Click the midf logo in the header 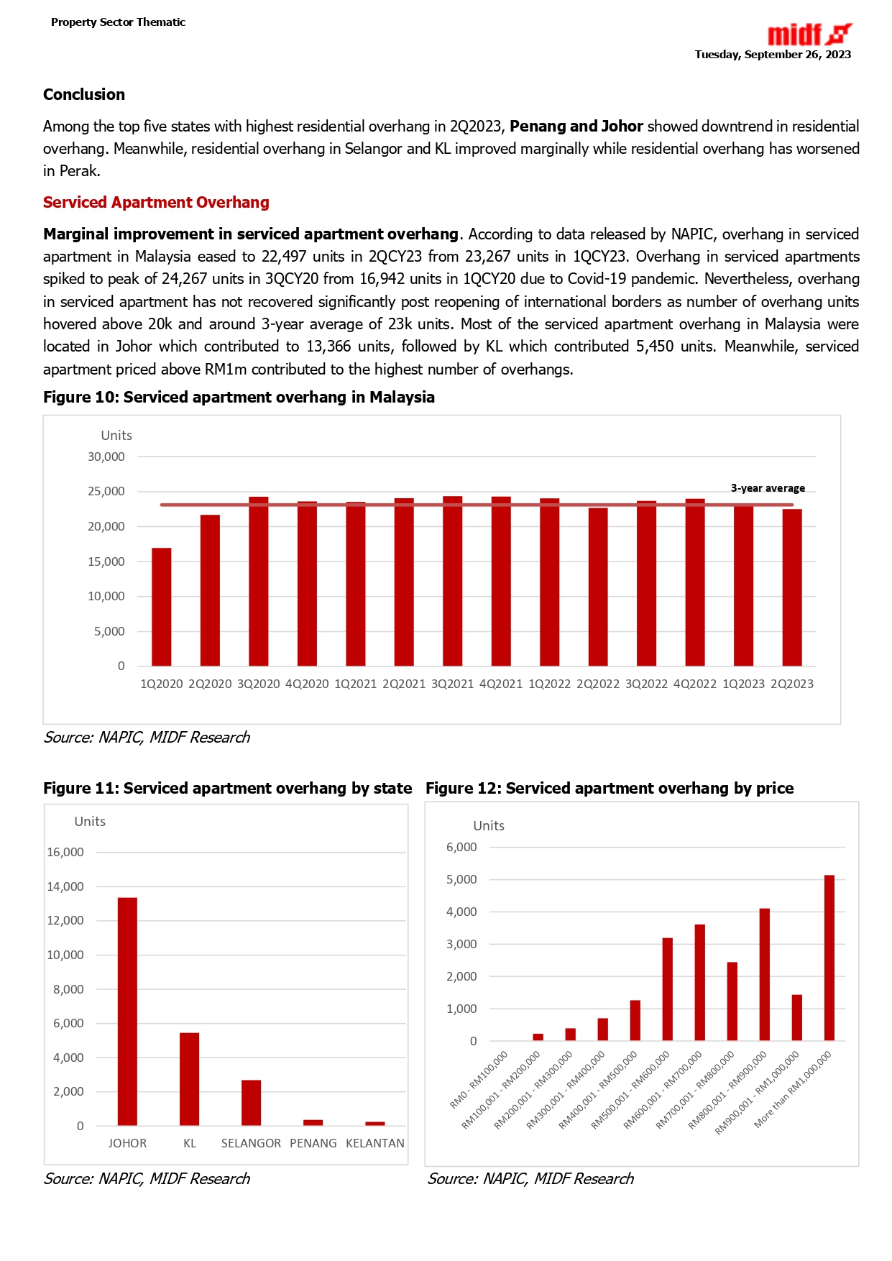(809, 34)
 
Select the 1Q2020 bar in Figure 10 (162, 607)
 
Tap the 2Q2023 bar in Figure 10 (792, 587)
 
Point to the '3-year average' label (768, 488)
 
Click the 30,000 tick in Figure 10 (106, 457)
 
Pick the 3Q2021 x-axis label (452, 684)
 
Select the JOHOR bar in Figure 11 (127, 1011)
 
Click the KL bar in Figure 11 (190, 1078)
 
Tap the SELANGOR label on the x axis (251, 1143)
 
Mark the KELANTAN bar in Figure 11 (375, 1123)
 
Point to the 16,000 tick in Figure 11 (65, 852)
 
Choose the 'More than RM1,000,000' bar (829, 958)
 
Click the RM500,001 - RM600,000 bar (667, 989)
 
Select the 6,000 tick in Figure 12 (461, 847)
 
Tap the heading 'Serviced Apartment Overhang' (156, 203)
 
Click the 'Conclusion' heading (84, 95)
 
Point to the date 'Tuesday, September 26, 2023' (773, 55)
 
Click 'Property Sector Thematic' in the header (118, 22)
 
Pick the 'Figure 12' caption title (609, 788)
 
